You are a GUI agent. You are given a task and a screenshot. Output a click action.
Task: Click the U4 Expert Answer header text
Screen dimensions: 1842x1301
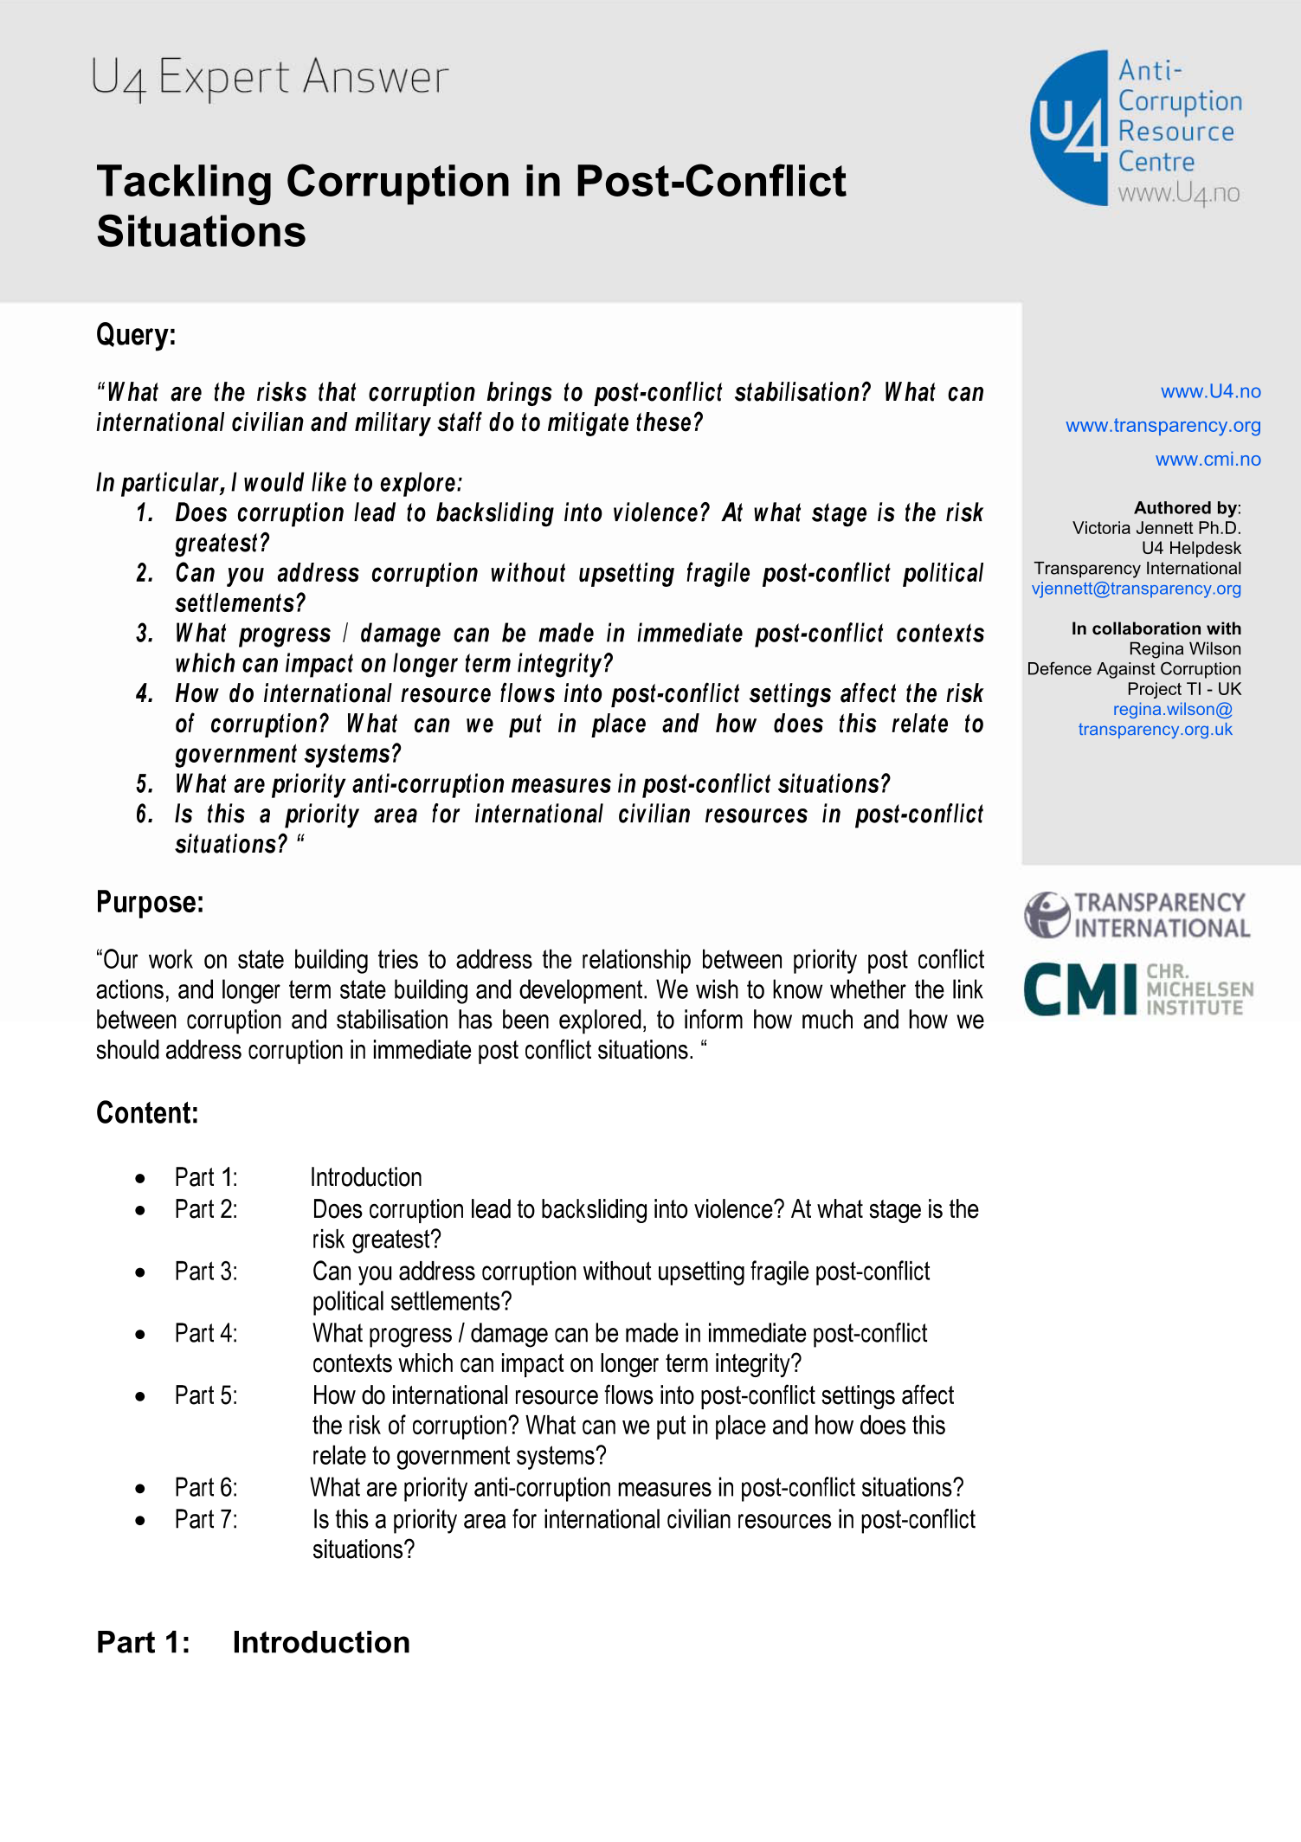(x=269, y=78)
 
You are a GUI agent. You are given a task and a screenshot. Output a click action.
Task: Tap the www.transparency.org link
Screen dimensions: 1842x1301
(x=1163, y=425)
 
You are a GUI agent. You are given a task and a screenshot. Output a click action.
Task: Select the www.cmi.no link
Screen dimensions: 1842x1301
(x=1208, y=459)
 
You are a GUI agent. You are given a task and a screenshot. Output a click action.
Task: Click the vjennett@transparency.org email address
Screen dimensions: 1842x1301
(x=1136, y=589)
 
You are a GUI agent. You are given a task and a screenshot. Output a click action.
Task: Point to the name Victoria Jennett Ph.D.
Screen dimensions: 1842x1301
(x=1156, y=528)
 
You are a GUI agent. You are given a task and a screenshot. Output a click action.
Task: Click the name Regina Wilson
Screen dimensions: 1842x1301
(x=1184, y=648)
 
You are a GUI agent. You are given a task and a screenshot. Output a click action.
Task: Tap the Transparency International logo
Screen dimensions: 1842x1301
(x=1137, y=915)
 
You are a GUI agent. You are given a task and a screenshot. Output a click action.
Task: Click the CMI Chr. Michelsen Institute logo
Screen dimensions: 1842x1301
(x=1137, y=989)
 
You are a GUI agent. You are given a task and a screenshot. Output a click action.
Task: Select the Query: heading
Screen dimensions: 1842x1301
(x=136, y=335)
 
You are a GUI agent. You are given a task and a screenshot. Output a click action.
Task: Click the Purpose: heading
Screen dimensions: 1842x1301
(x=150, y=903)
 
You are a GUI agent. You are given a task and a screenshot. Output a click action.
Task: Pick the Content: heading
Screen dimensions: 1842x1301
(x=147, y=1113)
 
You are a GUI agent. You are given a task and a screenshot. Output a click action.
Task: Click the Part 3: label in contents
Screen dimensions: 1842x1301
(x=206, y=1272)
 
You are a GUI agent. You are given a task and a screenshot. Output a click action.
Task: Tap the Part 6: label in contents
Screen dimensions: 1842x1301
(x=206, y=1488)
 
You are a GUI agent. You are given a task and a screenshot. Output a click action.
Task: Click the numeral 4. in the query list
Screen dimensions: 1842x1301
(x=145, y=694)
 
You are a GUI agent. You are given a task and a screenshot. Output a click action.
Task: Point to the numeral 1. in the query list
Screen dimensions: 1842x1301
(x=145, y=513)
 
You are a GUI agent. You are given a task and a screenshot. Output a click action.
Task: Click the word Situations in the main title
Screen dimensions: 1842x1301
(x=202, y=232)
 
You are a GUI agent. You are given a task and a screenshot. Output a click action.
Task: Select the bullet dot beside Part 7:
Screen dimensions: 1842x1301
(x=140, y=1521)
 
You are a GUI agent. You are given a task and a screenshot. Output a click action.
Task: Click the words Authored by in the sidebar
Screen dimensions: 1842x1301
(x=1185, y=508)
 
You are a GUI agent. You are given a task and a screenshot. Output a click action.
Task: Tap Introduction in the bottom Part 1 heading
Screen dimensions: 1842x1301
(x=321, y=1643)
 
